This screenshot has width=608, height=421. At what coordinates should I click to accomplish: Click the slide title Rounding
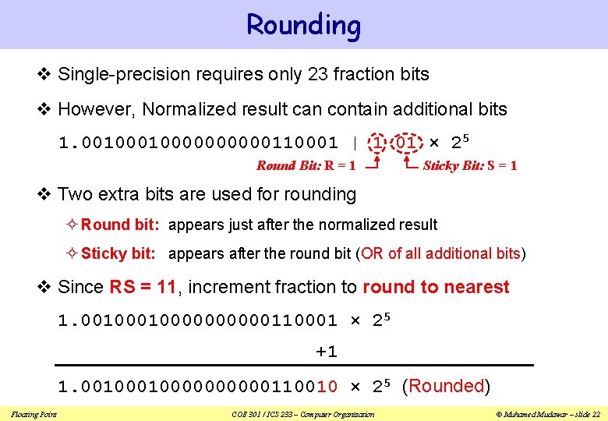(x=303, y=25)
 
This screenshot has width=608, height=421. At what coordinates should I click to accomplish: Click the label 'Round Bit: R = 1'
(x=306, y=165)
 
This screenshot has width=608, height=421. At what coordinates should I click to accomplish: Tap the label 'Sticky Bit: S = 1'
(x=469, y=165)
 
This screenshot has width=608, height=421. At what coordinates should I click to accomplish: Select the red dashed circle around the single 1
(x=378, y=143)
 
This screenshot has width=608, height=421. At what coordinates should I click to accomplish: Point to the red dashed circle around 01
(x=406, y=143)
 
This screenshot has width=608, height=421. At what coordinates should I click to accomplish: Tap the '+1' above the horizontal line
(x=326, y=352)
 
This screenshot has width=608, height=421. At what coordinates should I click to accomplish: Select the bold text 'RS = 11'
(x=143, y=287)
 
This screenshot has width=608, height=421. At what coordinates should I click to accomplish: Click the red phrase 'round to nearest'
(x=436, y=287)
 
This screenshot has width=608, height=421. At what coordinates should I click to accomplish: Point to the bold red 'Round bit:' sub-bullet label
(x=120, y=225)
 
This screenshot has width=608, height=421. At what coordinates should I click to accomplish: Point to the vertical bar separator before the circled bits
(x=355, y=143)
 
